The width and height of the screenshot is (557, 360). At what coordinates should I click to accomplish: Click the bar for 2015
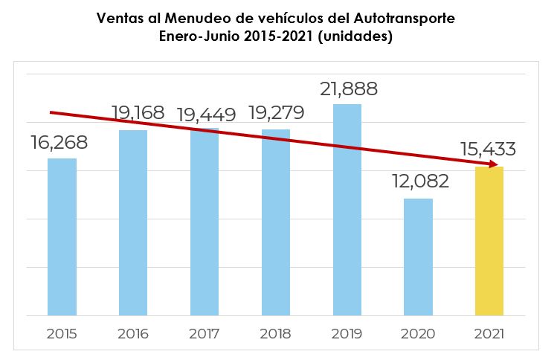coord(62,237)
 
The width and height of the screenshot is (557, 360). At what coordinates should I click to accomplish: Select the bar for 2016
coord(133,222)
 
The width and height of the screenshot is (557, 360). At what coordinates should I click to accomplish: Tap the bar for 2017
coord(205,222)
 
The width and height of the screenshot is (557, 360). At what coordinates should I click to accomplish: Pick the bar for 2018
coord(276,222)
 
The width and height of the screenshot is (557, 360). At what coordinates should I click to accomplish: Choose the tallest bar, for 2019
coord(347,210)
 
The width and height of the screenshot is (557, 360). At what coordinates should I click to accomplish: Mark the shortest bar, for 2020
coord(419,257)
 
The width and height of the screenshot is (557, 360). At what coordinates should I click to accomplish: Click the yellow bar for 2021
coord(489,241)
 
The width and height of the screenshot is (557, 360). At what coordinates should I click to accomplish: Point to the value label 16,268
coord(59,143)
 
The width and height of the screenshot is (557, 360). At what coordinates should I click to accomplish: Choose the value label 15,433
coord(488,150)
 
